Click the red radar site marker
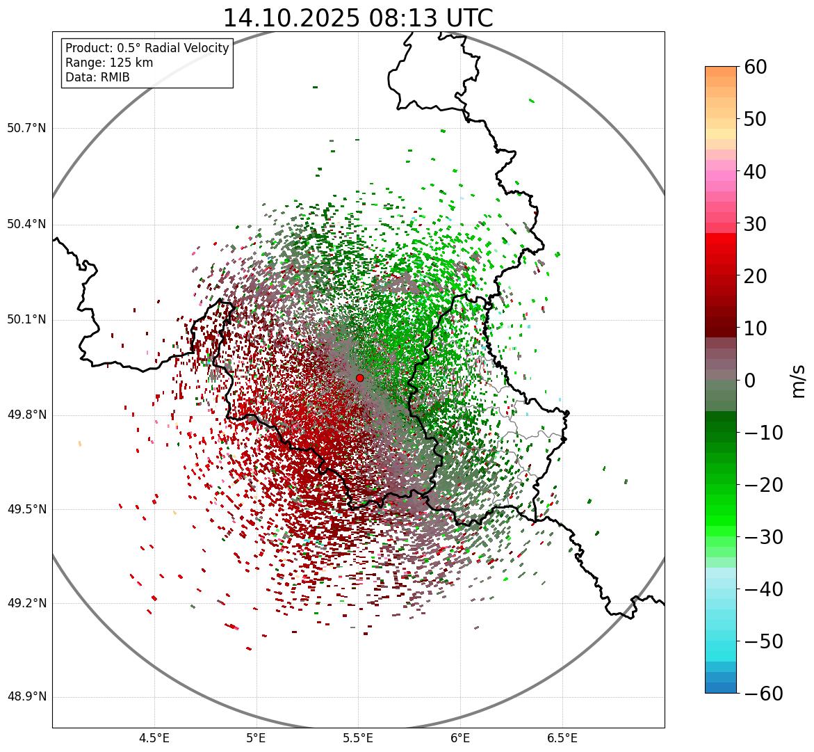point(359,378)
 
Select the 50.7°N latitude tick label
point(26,129)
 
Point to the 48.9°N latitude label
point(26,698)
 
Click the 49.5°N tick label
point(26,509)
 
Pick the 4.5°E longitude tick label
point(154,737)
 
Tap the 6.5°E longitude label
point(562,737)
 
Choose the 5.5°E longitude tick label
point(358,737)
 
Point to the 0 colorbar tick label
point(750,381)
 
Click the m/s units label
point(799,380)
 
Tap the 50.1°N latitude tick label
point(26,320)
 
